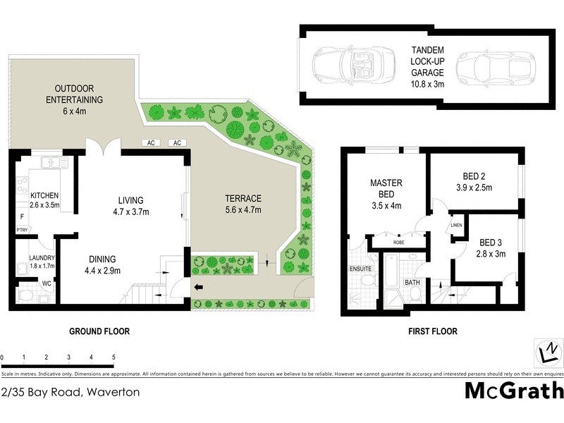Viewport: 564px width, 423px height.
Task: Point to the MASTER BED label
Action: tap(386, 188)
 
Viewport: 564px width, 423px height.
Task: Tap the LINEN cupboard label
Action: tap(455, 226)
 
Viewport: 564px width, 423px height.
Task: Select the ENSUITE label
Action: tap(360, 268)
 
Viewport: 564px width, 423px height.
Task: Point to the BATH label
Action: tap(412, 283)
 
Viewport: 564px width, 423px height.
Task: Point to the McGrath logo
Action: tap(513, 389)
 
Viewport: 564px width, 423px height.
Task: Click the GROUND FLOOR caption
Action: tap(99, 331)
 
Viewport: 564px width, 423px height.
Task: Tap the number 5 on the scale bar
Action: tap(113, 358)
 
